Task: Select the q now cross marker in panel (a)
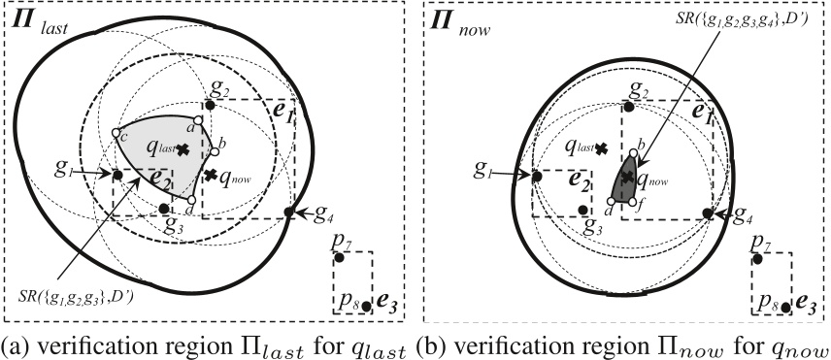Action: click(211, 176)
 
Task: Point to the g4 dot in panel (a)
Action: click(288, 212)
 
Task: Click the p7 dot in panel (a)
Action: click(339, 258)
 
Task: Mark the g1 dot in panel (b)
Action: click(536, 176)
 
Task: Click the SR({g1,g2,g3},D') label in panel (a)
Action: click(90, 293)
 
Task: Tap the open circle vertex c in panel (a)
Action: click(115, 133)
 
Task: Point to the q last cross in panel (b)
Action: click(602, 148)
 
